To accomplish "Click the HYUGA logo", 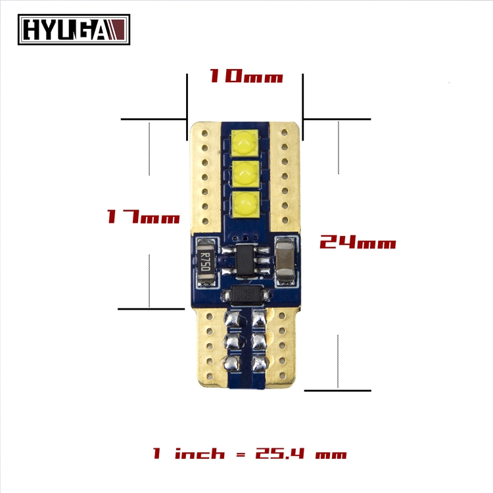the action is pos(74,30).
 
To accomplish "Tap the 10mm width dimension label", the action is pos(246,76).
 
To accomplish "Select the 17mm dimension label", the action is pos(143,217).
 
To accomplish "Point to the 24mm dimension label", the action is pos(358,242).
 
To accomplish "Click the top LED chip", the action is pos(245,143).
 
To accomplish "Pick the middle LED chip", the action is pos(245,174).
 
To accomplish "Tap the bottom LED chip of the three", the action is pos(246,204).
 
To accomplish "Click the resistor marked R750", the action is pos(206,262).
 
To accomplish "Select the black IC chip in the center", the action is pos(245,261).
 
